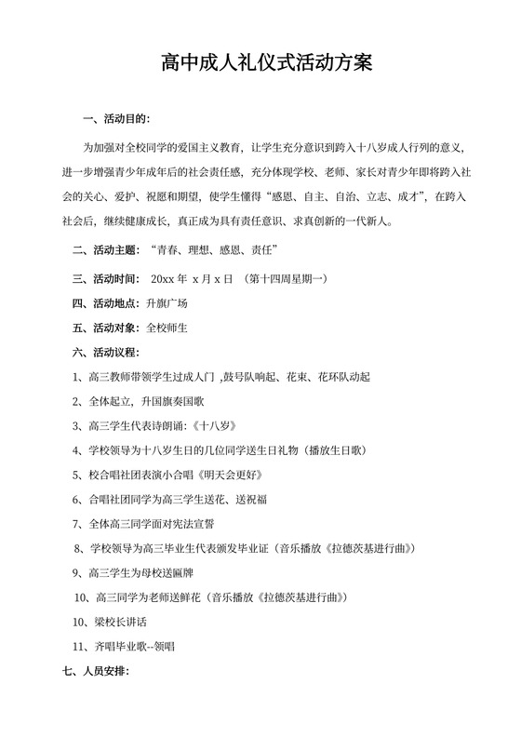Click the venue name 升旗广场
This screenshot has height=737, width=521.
coord(167,303)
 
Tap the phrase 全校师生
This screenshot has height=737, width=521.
coord(167,328)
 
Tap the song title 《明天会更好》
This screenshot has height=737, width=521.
coord(247,475)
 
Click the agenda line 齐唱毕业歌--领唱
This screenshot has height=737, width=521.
coord(130,645)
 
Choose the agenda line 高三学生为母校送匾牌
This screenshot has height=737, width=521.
coord(143,571)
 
